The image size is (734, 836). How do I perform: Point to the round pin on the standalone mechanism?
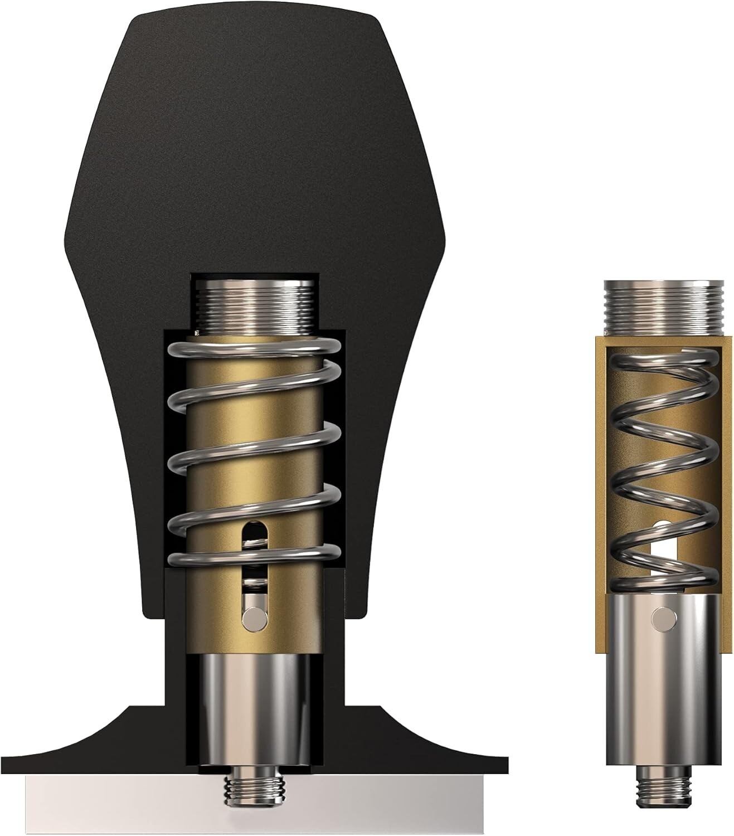[x=662, y=617]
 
